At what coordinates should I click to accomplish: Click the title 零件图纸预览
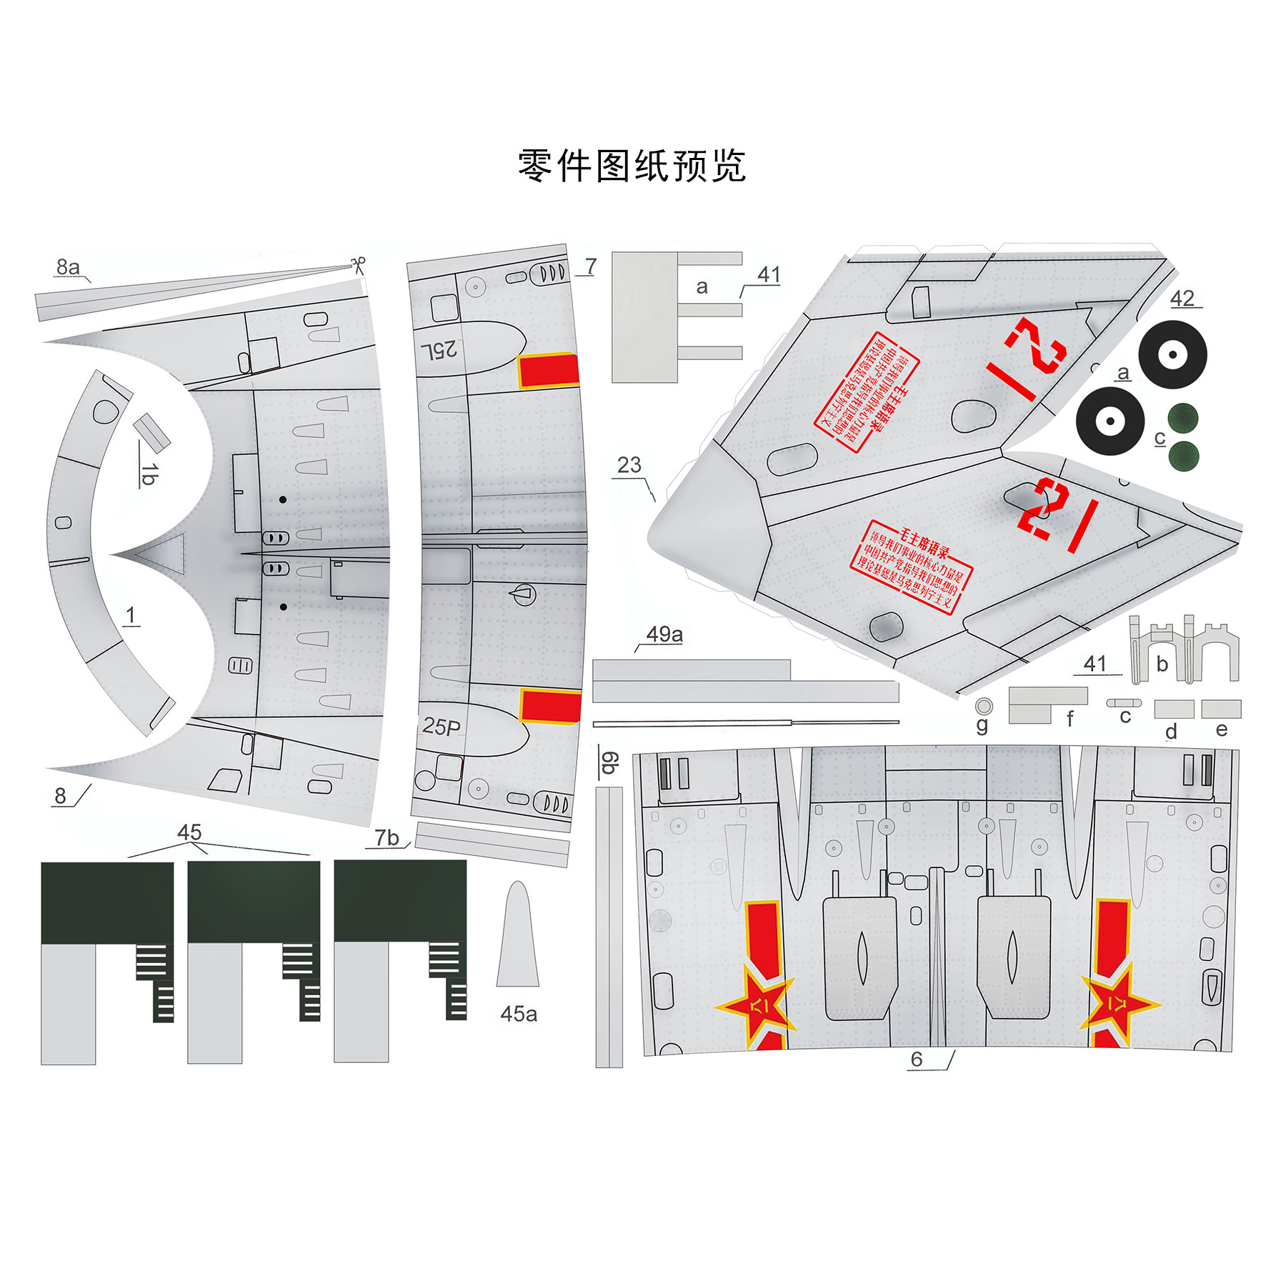pyautogui.click(x=632, y=166)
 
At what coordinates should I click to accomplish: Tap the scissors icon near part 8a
pyautogui.click(x=359, y=265)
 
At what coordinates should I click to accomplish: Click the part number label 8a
pyautogui.click(x=68, y=267)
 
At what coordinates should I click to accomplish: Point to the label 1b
pyautogui.click(x=148, y=474)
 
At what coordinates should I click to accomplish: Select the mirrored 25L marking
pyautogui.click(x=439, y=349)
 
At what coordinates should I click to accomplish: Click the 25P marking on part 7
pyautogui.click(x=441, y=727)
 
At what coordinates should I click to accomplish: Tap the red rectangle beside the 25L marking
pyautogui.click(x=548, y=371)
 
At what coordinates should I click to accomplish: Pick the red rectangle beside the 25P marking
pyautogui.click(x=549, y=706)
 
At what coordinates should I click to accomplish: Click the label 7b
pyautogui.click(x=387, y=837)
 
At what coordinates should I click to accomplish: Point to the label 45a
pyautogui.click(x=518, y=1014)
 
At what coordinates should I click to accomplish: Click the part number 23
pyautogui.click(x=629, y=465)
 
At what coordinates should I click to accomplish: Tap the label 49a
pyautogui.click(x=664, y=634)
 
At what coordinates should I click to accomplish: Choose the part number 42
pyautogui.click(x=1182, y=299)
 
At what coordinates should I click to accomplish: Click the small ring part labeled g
pyautogui.click(x=984, y=706)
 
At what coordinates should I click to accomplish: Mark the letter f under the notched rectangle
pyautogui.click(x=1070, y=719)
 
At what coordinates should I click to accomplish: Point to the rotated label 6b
pyautogui.click(x=609, y=762)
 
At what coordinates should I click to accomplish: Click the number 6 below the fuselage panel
pyautogui.click(x=917, y=1059)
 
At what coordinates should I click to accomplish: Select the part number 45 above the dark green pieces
pyautogui.click(x=189, y=832)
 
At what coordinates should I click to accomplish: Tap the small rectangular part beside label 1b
pyautogui.click(x=151, y=431)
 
